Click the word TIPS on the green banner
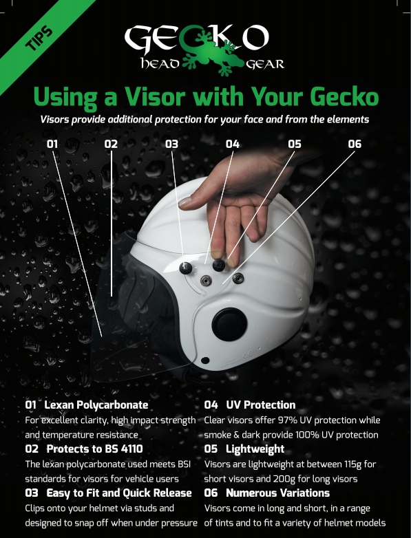tap(39, 38)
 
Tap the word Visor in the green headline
tap(155, 97)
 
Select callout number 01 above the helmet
tap(52, 144)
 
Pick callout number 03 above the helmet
tap(171, 144)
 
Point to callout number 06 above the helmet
tap(355, 144)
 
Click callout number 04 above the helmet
tap(233, 144)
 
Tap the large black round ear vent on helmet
tap(229, 325)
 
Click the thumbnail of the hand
tap(185, 202)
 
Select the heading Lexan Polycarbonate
tap(96, 405)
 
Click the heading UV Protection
tap(261, 405)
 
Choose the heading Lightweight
tap(255, 449)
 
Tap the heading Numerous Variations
tap(277, 493)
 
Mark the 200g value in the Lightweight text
tap(283, 479)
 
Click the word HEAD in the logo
tap(160, 64)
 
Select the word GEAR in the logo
tap(265, 64)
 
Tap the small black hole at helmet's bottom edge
tap(205, 361)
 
